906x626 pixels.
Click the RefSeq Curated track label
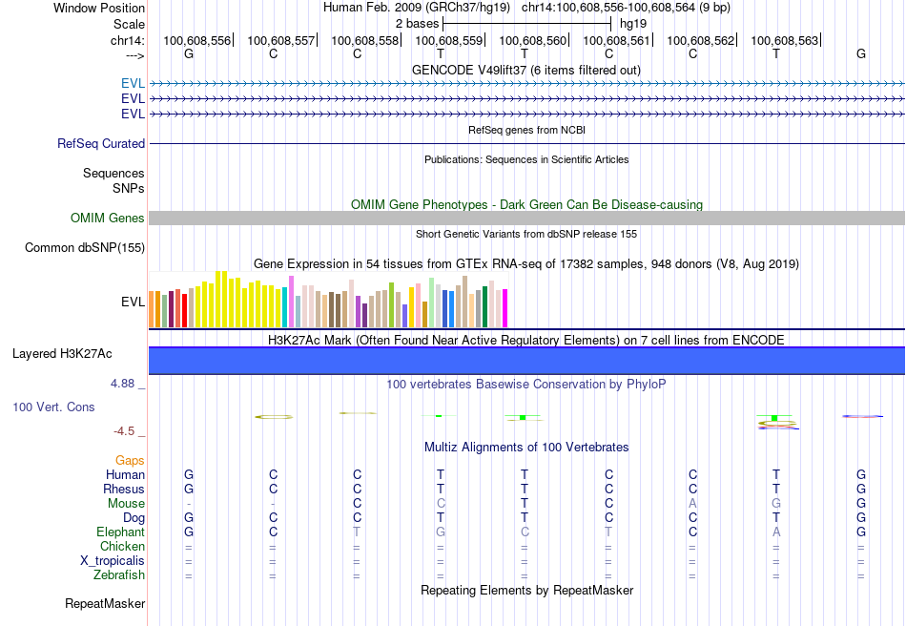[x=101, y=144]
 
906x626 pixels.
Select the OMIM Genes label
[x=108, y=219]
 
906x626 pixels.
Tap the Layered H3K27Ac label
[x=62, y=354]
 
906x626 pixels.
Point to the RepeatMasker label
[x=105, y=604]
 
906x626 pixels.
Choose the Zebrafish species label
[x=119, y=575]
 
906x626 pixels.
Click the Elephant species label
[x=120, y=532]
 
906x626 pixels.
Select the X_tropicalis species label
[x=113, y=561]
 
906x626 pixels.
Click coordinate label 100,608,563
[x=784, y=41]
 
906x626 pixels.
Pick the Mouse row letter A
[x=693, y=504]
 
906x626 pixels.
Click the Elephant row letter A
[x=776, y=532]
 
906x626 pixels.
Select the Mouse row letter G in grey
[x=776, y=504]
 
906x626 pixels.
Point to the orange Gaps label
[x=131, y=461]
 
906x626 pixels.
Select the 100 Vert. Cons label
[x=53, y=407]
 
